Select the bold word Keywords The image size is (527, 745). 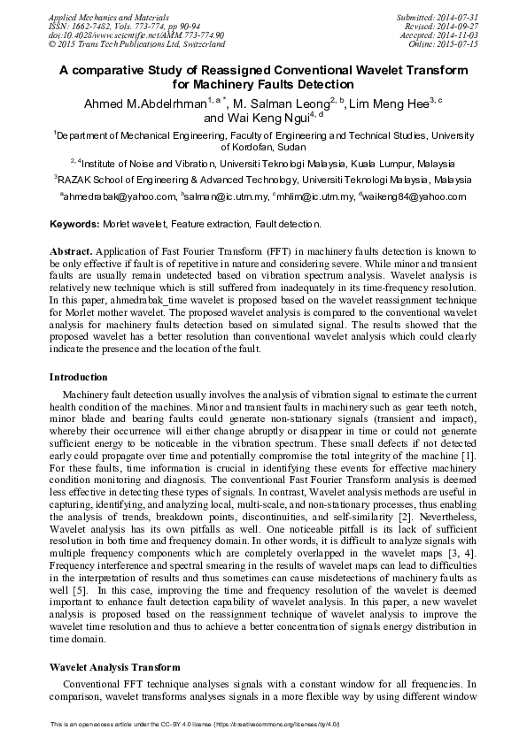pos(74,225)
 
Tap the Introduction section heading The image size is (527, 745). pos(78,377)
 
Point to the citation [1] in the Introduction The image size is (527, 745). pos(469,454)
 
